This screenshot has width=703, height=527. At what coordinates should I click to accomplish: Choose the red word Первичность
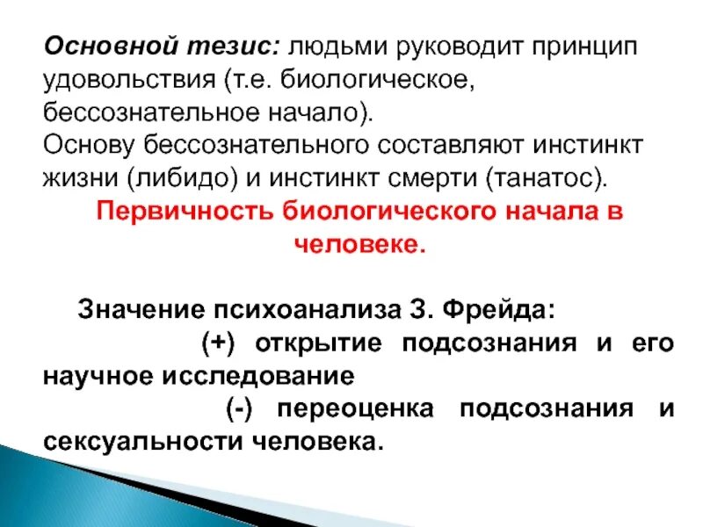(182, 213)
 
